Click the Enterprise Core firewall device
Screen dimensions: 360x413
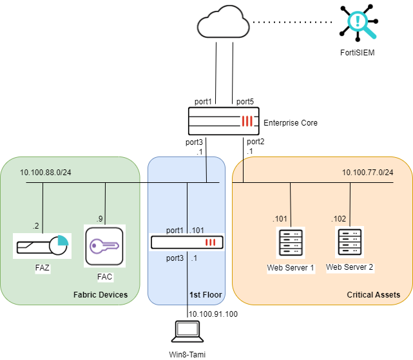(223, 121)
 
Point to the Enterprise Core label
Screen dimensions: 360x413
(291, 122)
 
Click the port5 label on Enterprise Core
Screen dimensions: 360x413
(245, 102)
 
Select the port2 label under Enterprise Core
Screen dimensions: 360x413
(255, 141)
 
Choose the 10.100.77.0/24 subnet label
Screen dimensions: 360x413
(367, 172)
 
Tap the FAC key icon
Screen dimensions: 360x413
(104, 245)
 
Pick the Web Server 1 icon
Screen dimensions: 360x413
(290, 243)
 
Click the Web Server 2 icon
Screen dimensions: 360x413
(349, 242)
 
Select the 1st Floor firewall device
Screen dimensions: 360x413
(187, 243)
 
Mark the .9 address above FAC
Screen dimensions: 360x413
(100, 218)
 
